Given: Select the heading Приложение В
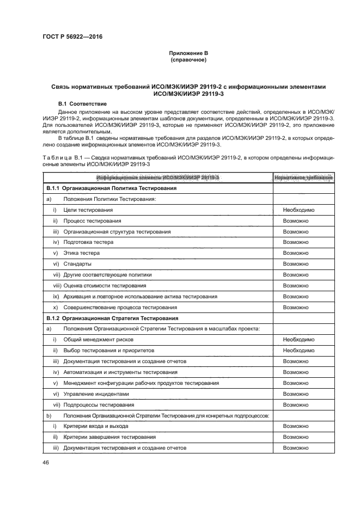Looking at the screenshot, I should (x=187, y=53).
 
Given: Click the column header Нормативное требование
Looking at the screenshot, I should (x=303, y=177).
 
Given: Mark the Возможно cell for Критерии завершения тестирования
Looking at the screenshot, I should (x=296, y=437).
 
